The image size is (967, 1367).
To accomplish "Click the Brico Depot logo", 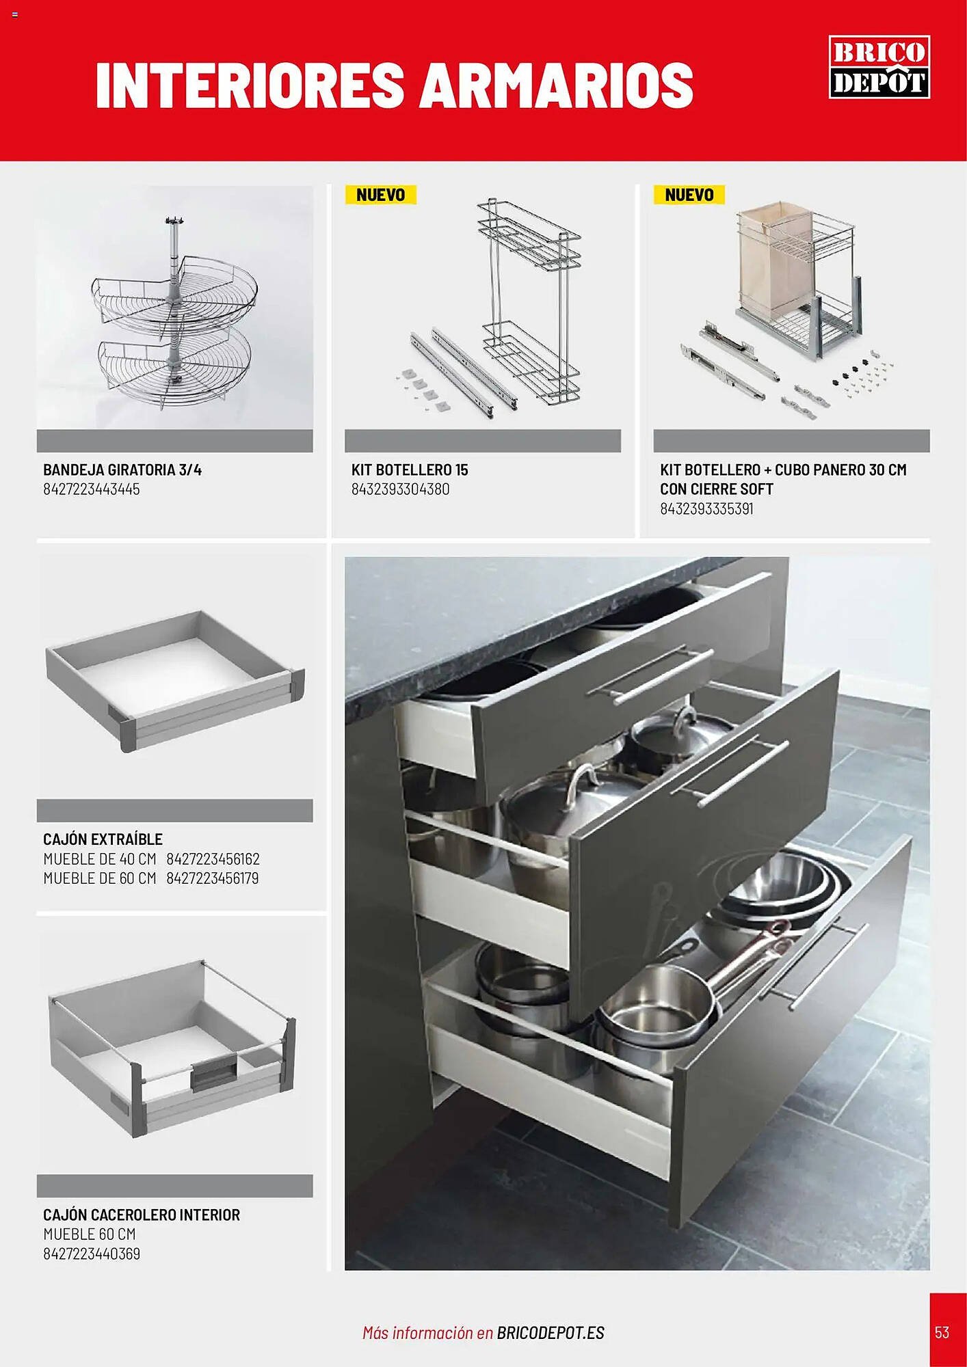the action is (x=879, y=66).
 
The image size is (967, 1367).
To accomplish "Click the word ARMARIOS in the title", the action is (x=557, y=85).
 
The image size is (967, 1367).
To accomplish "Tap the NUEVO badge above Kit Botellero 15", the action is (x=381, y=195).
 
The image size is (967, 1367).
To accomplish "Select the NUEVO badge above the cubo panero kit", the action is (x=689, y=195).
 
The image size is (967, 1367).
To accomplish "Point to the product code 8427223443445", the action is (x=92, y=489).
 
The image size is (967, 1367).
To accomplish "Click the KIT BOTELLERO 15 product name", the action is (x=410, y=470).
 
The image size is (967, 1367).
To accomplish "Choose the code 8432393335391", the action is (x=706, y=509).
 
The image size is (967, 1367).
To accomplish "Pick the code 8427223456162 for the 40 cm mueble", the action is (x=213, y=858).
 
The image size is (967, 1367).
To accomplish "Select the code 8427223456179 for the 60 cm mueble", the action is (x=213, y=878).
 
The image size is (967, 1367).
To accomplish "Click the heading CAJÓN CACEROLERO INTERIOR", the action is (x=142, y=1215).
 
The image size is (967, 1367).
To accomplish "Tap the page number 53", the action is (x=942, y=1332).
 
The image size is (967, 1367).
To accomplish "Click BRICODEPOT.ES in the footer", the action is (x=551, y=1333).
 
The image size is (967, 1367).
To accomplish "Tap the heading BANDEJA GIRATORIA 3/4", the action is (x=122, y=470).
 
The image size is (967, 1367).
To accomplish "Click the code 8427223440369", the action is (x=92, y=1254).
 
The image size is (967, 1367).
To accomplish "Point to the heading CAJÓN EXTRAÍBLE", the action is (x=103, y=839).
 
